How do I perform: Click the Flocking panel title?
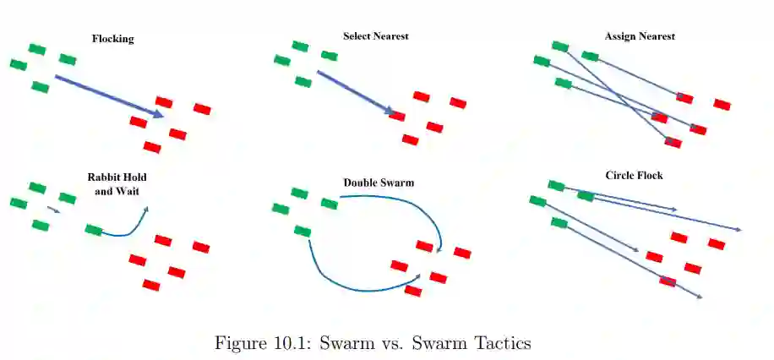point(112,39)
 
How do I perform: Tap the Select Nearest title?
point(376,36)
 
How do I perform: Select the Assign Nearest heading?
point(640,36)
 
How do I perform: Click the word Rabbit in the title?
point(104,178)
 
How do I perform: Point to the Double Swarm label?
point(379,183)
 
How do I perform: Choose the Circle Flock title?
point(634,176)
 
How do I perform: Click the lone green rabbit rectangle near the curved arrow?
point(94,230)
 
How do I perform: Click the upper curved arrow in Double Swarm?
point(406,204)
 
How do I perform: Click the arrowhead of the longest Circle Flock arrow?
point(739,230)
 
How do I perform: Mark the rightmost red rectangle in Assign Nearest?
point(722,104)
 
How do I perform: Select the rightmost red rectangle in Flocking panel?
point(202,108)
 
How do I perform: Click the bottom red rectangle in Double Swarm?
point(413,291)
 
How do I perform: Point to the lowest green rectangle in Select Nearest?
point(303,82)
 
